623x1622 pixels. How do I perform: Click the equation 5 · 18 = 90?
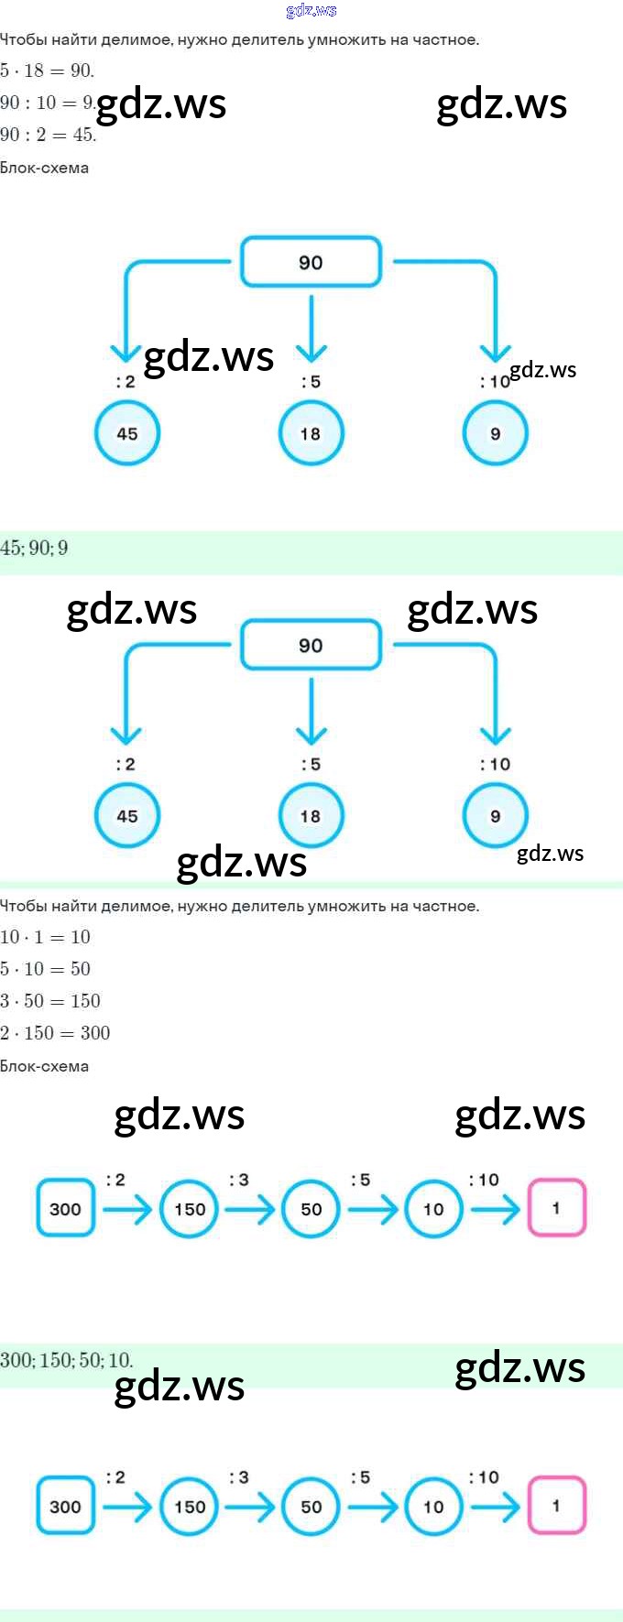pyautogui.click(x=47, y=71)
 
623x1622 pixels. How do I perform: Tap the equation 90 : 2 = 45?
pyautogui.click(x=48, y=135)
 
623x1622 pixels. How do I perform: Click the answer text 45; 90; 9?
pyautogui.click(x=35, y=549)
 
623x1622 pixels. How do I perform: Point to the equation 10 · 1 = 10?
pyautogui.click(x=45, y=937)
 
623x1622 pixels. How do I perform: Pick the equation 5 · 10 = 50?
pyautogui.click(x=45, y=969)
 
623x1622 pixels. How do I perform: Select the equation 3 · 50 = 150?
pyautogui.click(x=50, y=1001)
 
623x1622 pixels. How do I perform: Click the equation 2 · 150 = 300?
pyautogui.click(x=55, y=1033)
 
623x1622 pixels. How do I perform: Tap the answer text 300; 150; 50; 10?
pyautogui.click(x=66, y=1360)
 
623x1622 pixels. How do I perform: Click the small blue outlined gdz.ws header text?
pyautogui.click(x=311, y=11)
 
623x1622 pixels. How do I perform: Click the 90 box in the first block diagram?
pyautogui.click(x=311, y=263)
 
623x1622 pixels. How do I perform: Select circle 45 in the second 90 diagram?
pyautogui.click(x=127, y=816)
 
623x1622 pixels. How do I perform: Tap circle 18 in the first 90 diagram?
pyautogui.click(x=311, y=434)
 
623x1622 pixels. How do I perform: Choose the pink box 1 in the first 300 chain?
pyautogui.click(x=556, y=1208)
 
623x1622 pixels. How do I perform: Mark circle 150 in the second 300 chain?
pyautogui.click(x=190, y=1507)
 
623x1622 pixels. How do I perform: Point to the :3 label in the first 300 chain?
pyautogui.click(x=239, y=1180)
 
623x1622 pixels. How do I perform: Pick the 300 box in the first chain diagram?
pyautogui.click(x=65, y=1209)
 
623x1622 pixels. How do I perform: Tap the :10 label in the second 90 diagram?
pyautogui.click(x=496, y=764)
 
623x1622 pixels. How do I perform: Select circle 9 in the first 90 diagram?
pyautogui.click(x=495, y=434)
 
